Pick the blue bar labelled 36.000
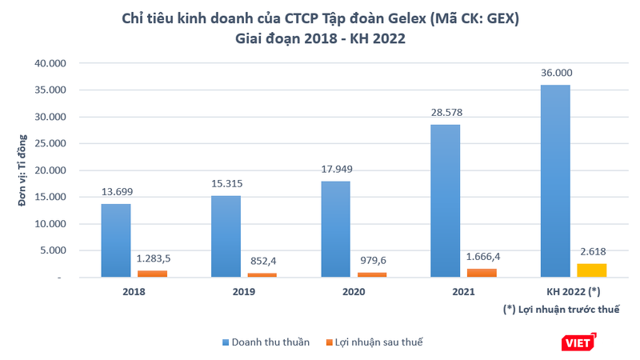point(554,181)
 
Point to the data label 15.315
point(226,184)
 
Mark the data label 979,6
point(370,261)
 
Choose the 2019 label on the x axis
point(245,293)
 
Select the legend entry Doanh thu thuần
point(264,342)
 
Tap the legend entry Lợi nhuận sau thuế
point(374,342)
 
